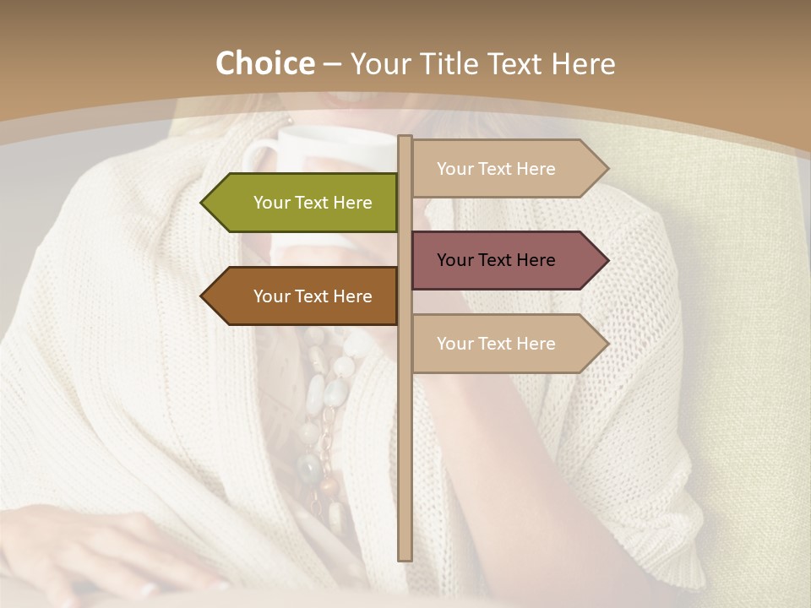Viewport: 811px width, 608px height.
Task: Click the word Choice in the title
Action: click(x=264, y=64)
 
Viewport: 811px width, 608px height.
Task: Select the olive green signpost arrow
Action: click(x=304, y=203)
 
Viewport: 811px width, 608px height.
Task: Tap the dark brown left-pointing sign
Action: click(x=304, y=296)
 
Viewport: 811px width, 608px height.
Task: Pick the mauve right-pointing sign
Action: click(x=507, y=260)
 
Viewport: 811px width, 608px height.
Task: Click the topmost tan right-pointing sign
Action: click(x=507, y=169)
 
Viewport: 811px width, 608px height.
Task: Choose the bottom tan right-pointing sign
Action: click(x=507, y=344)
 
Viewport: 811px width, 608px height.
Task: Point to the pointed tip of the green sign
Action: click(x=203, y=203)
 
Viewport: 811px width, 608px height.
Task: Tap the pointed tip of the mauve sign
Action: click(x=607, y=260)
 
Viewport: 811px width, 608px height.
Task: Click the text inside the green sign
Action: click(x=313, y=203)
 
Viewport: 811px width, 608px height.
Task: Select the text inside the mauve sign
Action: click(x=496, y=260)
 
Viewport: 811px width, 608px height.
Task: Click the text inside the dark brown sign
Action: click(x=313, y=296)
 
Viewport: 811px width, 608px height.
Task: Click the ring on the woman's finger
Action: click(x=149, y=589)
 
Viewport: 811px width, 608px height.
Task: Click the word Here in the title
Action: click(x=583, y=64)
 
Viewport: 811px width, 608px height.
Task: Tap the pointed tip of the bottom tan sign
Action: click(x=607, y=344)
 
